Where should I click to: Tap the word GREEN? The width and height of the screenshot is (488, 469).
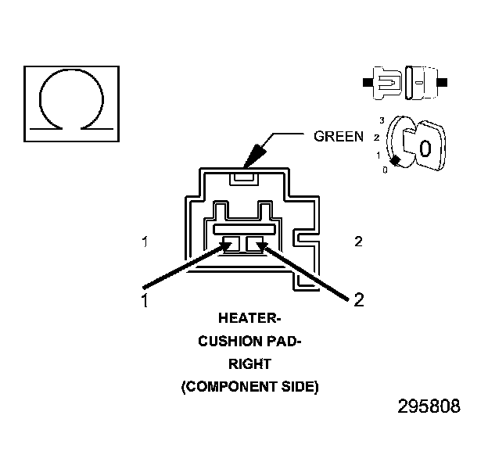point(338,136)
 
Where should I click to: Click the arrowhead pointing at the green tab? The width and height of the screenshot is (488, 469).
point(252,157)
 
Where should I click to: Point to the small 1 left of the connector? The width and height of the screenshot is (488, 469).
point(145,242)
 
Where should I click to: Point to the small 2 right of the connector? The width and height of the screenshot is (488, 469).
point(358,242)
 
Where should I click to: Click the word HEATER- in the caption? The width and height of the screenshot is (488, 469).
point(247,319)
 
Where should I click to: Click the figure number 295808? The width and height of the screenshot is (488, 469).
point(429,407)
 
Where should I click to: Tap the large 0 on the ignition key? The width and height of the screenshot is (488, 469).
point(424,148)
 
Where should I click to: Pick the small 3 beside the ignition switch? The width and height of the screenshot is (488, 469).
point(381,120)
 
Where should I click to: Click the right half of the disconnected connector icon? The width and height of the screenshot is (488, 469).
point(422,81)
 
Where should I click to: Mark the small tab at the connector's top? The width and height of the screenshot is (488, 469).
point(244,178)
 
